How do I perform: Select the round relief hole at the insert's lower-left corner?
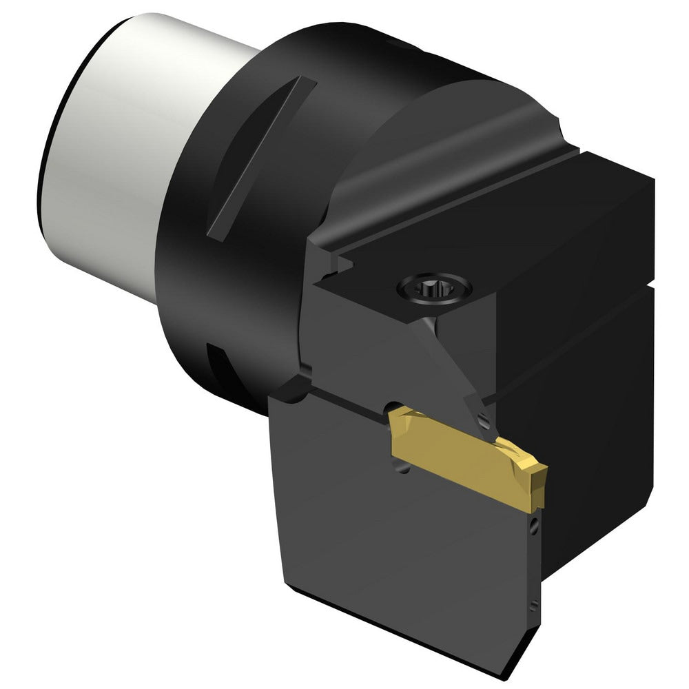tap(403, 469)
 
